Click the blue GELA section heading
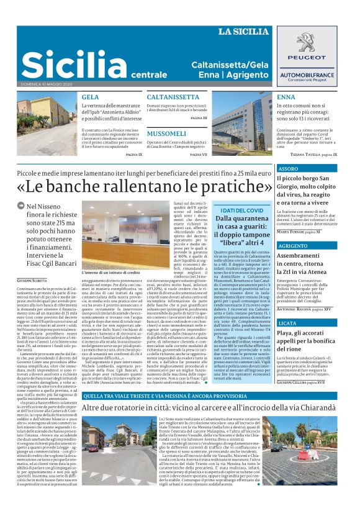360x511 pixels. pyautogui.click(x=90, y=97)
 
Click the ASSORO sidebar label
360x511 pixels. pyautogui.click(x=289, y=168)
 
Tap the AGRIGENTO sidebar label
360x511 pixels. pyautogui.click(x=292, y=246)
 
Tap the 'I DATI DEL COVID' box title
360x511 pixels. pyautogui.click(x=240, y=210)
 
